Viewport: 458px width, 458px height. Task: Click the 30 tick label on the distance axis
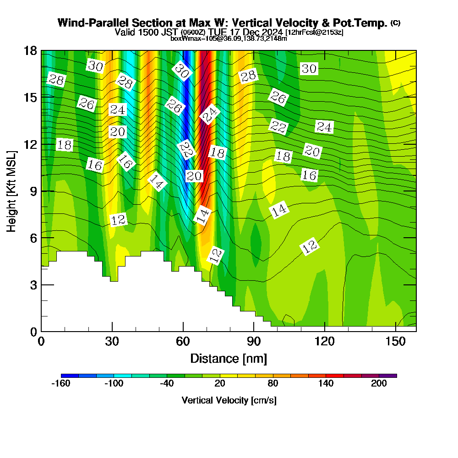click(112, 342)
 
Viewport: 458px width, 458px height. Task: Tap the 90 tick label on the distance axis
click(254, 342)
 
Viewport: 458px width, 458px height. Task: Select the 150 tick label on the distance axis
click(395, 342)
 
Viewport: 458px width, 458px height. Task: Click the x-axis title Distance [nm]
click(229, 358)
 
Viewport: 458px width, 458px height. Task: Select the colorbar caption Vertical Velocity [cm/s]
click(229, 400)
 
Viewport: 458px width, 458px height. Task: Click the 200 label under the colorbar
click(379, 384)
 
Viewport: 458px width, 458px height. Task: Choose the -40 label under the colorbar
click(167, 384)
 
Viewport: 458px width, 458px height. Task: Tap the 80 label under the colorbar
click(273, 384)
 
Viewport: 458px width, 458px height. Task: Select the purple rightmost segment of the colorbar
click(392, 376)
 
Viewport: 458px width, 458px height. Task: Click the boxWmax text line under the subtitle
click(229, 38)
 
